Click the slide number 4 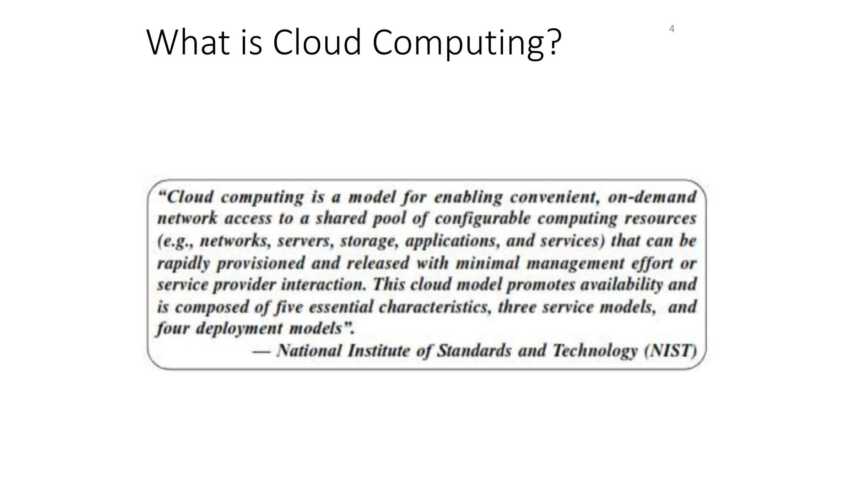[x=671, y=29]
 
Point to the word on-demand [x=652, y=197]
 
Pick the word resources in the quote [x=664, y=219]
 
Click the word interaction [x=324, y=285]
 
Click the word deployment [x=239, y=329]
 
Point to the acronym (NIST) [x=670, y=351]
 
